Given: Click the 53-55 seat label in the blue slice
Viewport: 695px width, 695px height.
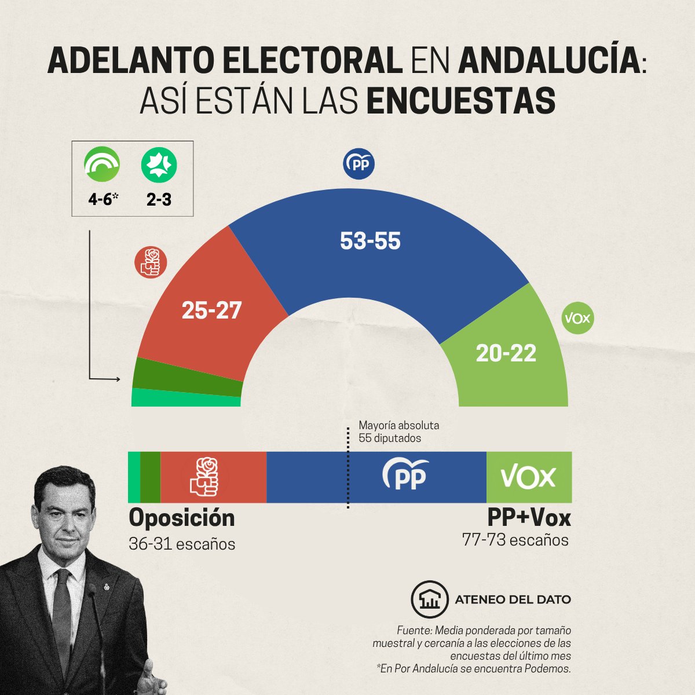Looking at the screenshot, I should tap(370, 241).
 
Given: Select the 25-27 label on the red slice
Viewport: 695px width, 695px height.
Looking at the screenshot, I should tap(211, 311).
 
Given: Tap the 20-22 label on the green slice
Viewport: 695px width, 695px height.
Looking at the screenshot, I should tap(506, 353).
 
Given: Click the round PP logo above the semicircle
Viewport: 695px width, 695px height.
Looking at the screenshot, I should tap(359, 164).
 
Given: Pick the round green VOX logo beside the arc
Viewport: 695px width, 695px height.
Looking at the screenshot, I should tap(578, 318).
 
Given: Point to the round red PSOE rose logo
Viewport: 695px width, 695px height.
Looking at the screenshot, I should tap(151, 262).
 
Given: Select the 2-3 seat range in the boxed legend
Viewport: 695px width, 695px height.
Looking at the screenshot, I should tap(159, 200).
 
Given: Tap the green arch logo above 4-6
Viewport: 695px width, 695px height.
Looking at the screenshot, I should tap(102, 164).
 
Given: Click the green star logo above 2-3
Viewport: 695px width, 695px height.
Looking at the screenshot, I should tap(159, 164).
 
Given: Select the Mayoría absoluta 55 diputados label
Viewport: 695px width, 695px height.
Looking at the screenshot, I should tap(398, 432).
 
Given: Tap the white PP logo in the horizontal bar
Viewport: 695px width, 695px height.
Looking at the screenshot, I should tap(405, 475).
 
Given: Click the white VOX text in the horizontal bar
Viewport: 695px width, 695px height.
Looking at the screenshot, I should tap(528, 477).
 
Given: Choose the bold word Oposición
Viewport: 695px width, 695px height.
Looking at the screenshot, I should tap(182, 518).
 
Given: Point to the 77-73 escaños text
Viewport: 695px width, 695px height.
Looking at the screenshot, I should tap(515, 540).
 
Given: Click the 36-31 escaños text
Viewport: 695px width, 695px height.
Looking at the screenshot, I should tap(182, 544).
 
